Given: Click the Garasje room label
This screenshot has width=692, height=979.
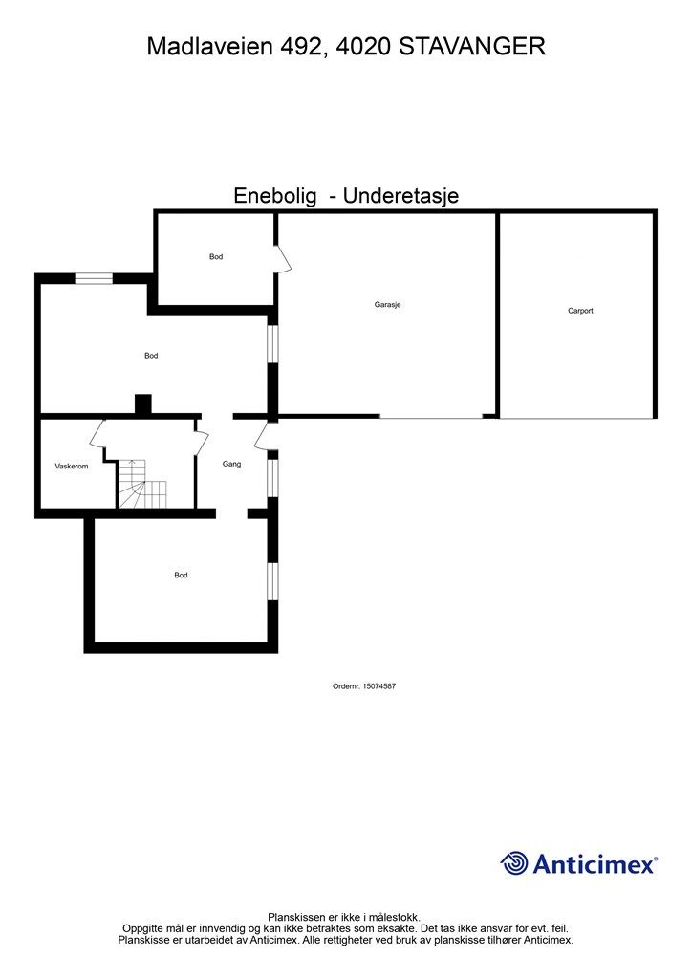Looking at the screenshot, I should [387, 305].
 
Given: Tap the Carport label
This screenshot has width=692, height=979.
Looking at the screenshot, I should [580, 311].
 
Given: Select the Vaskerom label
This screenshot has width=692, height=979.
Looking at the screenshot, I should [71, 467].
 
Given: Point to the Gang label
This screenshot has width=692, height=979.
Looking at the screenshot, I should [232, 464].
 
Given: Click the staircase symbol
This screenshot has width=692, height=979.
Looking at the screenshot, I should [141, 484].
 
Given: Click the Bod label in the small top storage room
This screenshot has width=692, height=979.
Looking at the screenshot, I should [216, 256].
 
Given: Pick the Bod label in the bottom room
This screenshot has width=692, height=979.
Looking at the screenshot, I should [181, 576].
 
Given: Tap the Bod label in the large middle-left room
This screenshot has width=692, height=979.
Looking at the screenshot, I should [151, 356].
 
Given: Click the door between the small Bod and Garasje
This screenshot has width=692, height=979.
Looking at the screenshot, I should [281, 258].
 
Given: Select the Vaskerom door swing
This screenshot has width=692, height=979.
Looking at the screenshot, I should [98, 433].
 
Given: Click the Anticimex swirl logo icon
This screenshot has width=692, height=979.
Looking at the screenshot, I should [514, 864].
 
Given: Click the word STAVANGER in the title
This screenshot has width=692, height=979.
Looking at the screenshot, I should [472, 46].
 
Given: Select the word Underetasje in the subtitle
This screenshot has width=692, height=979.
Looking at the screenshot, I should [401, 196].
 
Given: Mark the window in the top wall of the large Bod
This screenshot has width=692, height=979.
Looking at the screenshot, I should [94, 278].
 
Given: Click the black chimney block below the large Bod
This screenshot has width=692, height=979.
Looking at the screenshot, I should [142, 404].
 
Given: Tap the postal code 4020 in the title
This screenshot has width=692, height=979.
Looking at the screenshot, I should [361, 46].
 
